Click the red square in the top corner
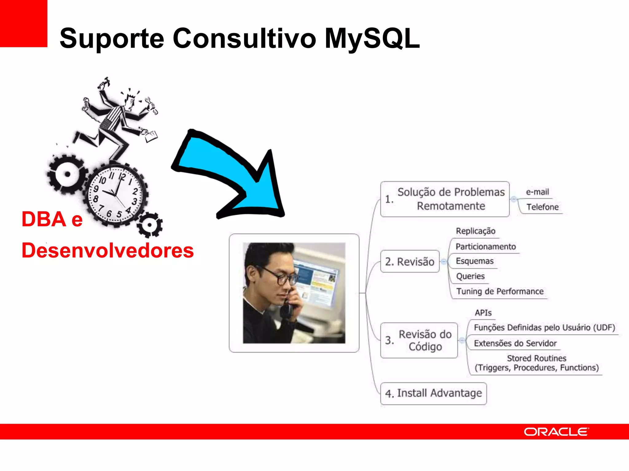tap(23, 23)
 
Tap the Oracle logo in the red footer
tap(556, 432)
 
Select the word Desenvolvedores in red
tap(107, 251)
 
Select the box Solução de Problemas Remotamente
tap(445, 199)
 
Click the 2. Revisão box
tap(410, 262)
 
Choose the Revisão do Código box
tap(419, 340)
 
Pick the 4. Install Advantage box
tap(433, 393)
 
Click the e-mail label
tap(537, 192)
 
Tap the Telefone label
tap(542, 207)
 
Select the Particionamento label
tap(486, 247)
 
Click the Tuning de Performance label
tap(500, 291)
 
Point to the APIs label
tap(483, 313)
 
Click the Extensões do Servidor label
tap(515, 343)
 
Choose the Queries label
tap(470, 276)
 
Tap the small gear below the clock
tap(150, 225)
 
